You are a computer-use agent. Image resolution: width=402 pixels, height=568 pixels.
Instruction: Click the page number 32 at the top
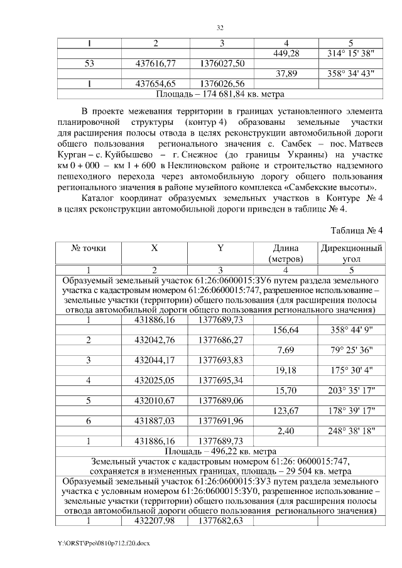(220, 28)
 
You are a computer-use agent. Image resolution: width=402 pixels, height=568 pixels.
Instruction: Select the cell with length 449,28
(286, 53)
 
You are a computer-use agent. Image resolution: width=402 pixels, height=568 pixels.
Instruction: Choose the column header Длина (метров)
(286, 253)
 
